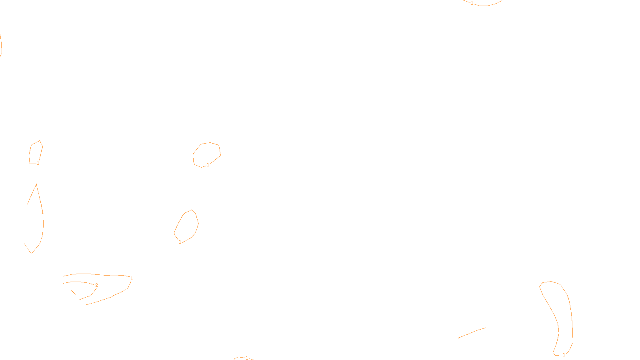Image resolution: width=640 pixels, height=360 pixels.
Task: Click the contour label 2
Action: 96,285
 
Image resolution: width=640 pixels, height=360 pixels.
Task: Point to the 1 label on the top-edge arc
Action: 472,3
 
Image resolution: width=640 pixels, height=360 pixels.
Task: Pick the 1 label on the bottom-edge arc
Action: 247,358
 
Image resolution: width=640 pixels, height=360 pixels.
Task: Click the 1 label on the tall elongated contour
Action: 564,354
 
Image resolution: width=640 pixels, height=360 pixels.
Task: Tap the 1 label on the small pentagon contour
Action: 38,163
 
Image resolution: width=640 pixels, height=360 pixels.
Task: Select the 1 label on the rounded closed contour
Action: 208,165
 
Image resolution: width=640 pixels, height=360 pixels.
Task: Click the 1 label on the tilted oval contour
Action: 180,242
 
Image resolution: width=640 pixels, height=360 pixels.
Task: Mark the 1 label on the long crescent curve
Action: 42,212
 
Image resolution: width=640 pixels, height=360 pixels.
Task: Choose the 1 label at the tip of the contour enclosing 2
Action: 132,278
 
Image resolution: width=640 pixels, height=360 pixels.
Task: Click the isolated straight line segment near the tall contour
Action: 472,333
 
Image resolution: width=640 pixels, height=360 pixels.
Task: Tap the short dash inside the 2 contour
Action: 74,292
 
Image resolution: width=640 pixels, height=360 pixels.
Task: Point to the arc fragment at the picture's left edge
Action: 1,45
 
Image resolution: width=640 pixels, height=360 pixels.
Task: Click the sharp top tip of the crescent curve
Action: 36,184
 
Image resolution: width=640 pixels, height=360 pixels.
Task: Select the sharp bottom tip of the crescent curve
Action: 31,253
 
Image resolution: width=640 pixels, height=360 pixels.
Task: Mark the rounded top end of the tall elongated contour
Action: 550,282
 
